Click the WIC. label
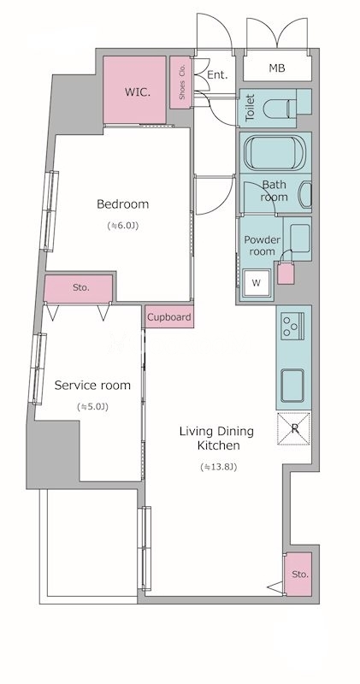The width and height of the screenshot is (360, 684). coord(135,92)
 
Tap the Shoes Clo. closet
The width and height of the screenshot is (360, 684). coord(180,82)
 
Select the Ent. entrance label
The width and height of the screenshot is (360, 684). coord(217,75)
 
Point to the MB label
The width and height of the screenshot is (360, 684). coord(277,68)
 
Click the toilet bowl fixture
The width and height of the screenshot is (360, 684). coord(280,107)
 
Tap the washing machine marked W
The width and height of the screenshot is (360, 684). coord(257,283)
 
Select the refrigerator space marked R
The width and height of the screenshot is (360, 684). coord(294,428)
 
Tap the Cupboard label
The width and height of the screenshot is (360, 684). coord(168,317)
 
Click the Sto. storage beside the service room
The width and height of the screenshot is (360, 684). coord(79,288)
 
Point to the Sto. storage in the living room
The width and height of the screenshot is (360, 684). coord(298,574)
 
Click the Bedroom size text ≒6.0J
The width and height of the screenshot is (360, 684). coord(122,226)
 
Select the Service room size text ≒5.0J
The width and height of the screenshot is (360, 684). coord(92,407)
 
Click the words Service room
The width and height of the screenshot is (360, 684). coord(92,386)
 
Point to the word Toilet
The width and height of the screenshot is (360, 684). coord(250,108)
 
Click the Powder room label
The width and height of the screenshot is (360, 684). coord(262,245)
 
